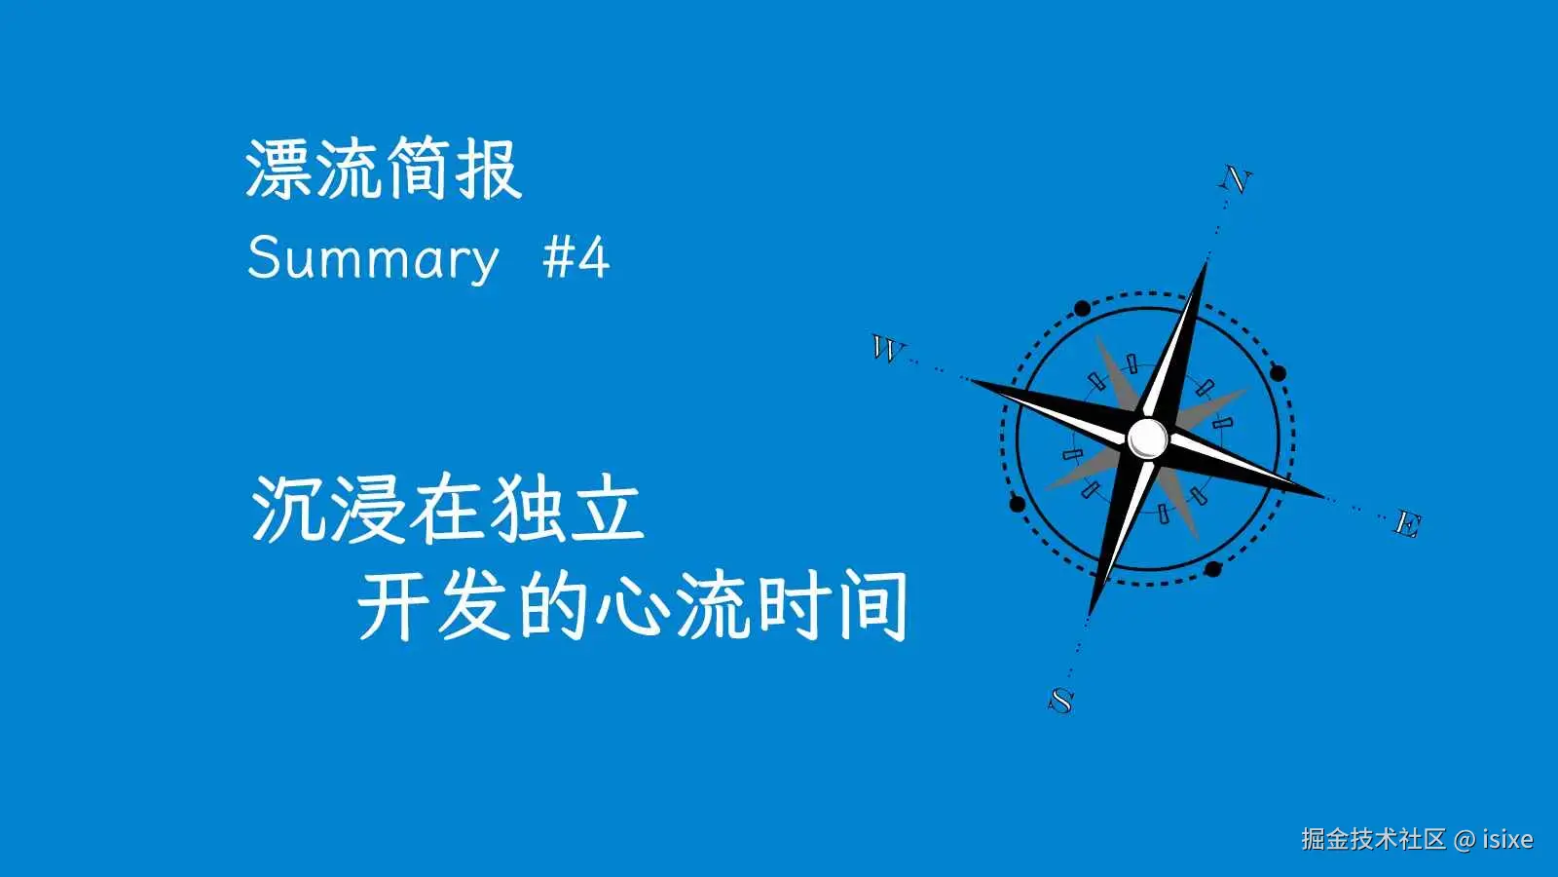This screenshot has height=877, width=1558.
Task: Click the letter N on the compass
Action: click(x=1236, y=179)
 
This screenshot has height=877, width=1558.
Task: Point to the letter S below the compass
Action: click(x=1060, y=701)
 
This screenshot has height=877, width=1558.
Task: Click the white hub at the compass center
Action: click(x=1148, y=438)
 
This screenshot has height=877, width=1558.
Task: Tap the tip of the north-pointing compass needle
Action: click(x=1206, y=262)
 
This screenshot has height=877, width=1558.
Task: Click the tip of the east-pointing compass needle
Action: click(x=1323, y=496)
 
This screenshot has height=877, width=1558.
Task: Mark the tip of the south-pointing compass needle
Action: click(x=1090, y=615)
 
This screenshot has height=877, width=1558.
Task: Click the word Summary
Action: click(x=374, y=259)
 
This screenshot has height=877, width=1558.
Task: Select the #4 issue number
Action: click(x=575, y=257)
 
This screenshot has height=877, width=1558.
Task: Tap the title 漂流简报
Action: click(x=384, y=170)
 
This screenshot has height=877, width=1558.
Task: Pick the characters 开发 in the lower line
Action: click(x=434, y=605)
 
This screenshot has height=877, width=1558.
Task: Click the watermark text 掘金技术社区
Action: click(x=1374, y=839)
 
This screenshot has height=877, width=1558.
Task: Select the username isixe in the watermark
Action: click(x=1508, y=839)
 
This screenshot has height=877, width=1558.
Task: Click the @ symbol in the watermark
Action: click(x=1465, y=839)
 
